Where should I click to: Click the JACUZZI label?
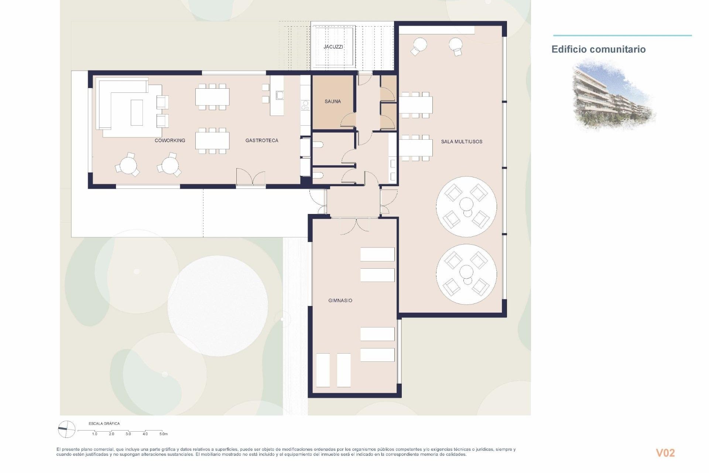(333, 47)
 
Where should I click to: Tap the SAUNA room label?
(332, 101)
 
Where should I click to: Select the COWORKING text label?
(169, 140)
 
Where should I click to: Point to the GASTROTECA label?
(261, 140)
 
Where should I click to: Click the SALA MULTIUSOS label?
(461, 142)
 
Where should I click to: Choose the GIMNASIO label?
(340, 300)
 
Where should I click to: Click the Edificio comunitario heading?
(598, 49)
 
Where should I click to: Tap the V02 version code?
(665, 453)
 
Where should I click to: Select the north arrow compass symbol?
(67, 429)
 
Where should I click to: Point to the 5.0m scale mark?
(163, 434)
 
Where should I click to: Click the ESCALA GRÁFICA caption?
(104, 423)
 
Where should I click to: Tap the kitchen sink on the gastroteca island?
(280, 95)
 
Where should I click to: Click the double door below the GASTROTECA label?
(251, 177)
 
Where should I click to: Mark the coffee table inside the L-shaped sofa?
(137, 112)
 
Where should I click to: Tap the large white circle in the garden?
(218, 306)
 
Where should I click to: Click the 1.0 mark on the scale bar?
(95, 434)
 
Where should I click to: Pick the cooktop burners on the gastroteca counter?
(305, 105)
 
